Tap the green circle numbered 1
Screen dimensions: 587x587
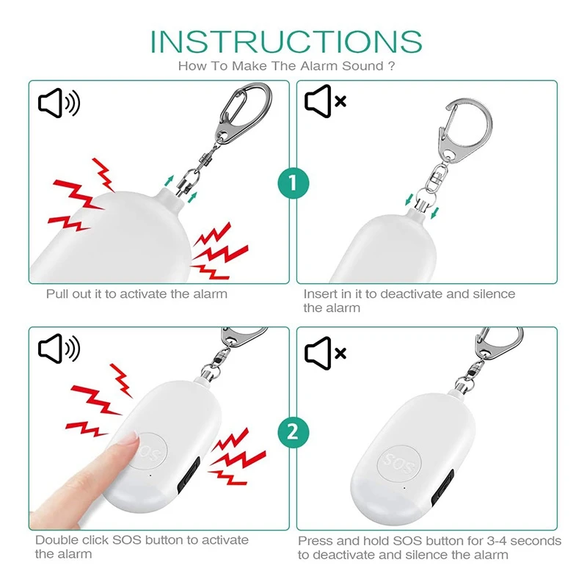pos(293,183)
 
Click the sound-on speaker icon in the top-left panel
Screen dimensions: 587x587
pos(59,105)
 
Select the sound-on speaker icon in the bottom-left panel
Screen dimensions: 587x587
pos(59,351)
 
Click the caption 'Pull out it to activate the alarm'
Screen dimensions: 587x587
pos(136,294)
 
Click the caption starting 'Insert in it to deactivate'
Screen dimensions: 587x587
pos(409,301)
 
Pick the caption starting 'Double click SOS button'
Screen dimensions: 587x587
pos(142,547)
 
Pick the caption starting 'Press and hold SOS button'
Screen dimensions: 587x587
pos(429,547)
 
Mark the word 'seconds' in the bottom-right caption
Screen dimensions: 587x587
pos(536,541)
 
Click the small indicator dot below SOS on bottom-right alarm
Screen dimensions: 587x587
pos(402,487)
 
